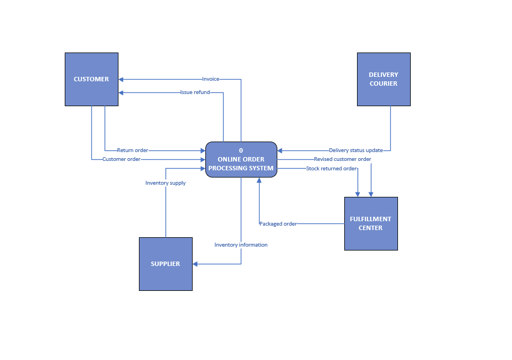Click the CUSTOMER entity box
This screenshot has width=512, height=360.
coord(91,79)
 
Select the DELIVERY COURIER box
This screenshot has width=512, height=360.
coord(383,79)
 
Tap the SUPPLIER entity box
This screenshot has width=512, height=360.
coord(166,264)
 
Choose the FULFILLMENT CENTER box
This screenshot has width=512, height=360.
coord(370,223)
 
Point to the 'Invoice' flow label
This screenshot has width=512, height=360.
coord(210,79)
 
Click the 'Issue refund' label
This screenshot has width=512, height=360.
coord(195,92)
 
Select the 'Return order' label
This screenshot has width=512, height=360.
coord(132,150)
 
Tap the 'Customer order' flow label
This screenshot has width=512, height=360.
coord(121,159)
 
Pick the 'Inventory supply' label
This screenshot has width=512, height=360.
coord(166,182)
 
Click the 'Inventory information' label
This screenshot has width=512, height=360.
coord(241,245)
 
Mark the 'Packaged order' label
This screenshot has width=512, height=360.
coord(278,224)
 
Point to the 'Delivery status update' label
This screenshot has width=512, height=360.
coord(355,150)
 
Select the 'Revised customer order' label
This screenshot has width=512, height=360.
coord(342,159)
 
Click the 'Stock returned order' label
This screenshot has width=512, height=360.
coord(331,169)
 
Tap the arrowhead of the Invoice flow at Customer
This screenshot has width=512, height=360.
coord(121,79)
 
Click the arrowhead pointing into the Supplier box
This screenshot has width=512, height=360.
coord(195,264)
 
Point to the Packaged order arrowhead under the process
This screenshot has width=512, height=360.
coord(259,180)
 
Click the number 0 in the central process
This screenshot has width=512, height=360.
coord(241,150)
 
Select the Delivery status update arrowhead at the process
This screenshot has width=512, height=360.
coord(280,150)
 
